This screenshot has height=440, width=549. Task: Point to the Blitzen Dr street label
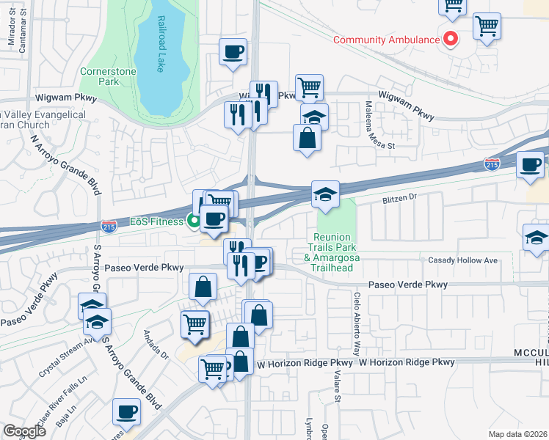tap(399, 197)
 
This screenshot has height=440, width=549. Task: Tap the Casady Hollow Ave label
tap(464, 260)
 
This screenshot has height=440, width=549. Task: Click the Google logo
tap(24, 431)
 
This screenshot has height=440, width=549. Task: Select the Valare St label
tap(338, 387)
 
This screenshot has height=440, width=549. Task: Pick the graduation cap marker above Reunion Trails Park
tap(325, 194)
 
